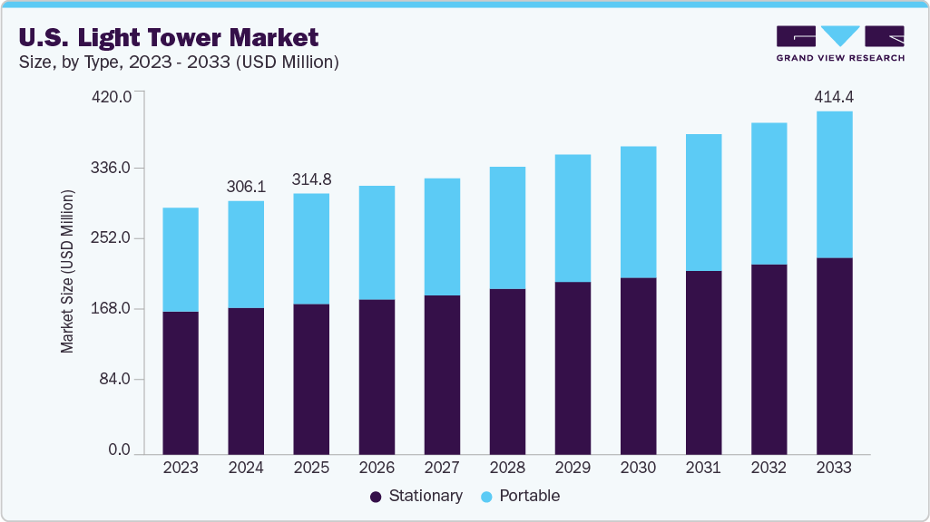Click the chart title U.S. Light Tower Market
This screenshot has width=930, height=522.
(169, 37)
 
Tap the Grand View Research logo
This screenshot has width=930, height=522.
(840, 43)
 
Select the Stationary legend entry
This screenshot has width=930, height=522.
(416, 496)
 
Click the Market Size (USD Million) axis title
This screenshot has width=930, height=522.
(67, 272)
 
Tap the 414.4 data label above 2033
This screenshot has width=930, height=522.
(834, 96)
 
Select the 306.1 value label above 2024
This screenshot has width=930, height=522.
(246, 186)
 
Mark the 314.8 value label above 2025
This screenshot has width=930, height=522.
(311, 179)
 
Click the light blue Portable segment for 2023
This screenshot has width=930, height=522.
(181, 259)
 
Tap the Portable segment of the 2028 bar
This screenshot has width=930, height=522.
(507, 227)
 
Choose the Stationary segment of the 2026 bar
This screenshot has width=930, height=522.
(377, 376)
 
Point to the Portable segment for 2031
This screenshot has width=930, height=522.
(703, 202)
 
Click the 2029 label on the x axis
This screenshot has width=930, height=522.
(573, 469)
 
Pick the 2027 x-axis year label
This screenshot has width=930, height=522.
(442, 469)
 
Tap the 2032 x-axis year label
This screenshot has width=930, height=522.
(768, 469)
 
